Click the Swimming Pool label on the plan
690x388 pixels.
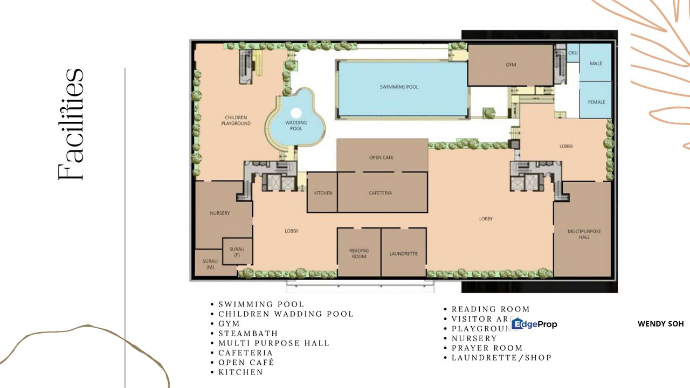pyautogui.click(x=399, y=87)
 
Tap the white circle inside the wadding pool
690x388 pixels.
pyautogui.click(x=296, y=113)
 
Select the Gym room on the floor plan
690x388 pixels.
pyautogui.click(x=510, y=65)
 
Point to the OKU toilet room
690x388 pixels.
pyautogui.click(x=572, y=53)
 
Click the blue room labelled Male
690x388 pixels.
pyautogui.click(x=596, y=63)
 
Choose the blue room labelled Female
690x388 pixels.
pyautogui.click(x=596, y=101)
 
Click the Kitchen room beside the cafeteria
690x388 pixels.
pyautogui.click(x=323, y=192)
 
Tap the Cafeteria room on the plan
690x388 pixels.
pyautogui.click(x=381, y=192)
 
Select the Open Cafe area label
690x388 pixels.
pyautogui.click(x=381, y=157)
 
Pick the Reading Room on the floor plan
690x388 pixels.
pyautogui.click(x=358, y=253)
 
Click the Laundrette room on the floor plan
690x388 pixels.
pyautogui.click(x=403, y=253)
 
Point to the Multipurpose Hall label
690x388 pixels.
pyautogui.click(x=584, y=234)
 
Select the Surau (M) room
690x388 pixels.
pyautogui.click(x=209, y=264)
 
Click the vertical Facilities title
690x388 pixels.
pyautogui.click(x=71, y=124)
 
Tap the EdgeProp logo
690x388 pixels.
pyautogui.click(x=534, y=324)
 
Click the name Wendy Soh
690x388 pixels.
pyautogui.click(x=660, y=324)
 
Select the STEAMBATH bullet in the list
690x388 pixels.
pyautogui.click(x=248, y=334)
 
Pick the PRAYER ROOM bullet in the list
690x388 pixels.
pyautogui.click(x=487, y=348)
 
